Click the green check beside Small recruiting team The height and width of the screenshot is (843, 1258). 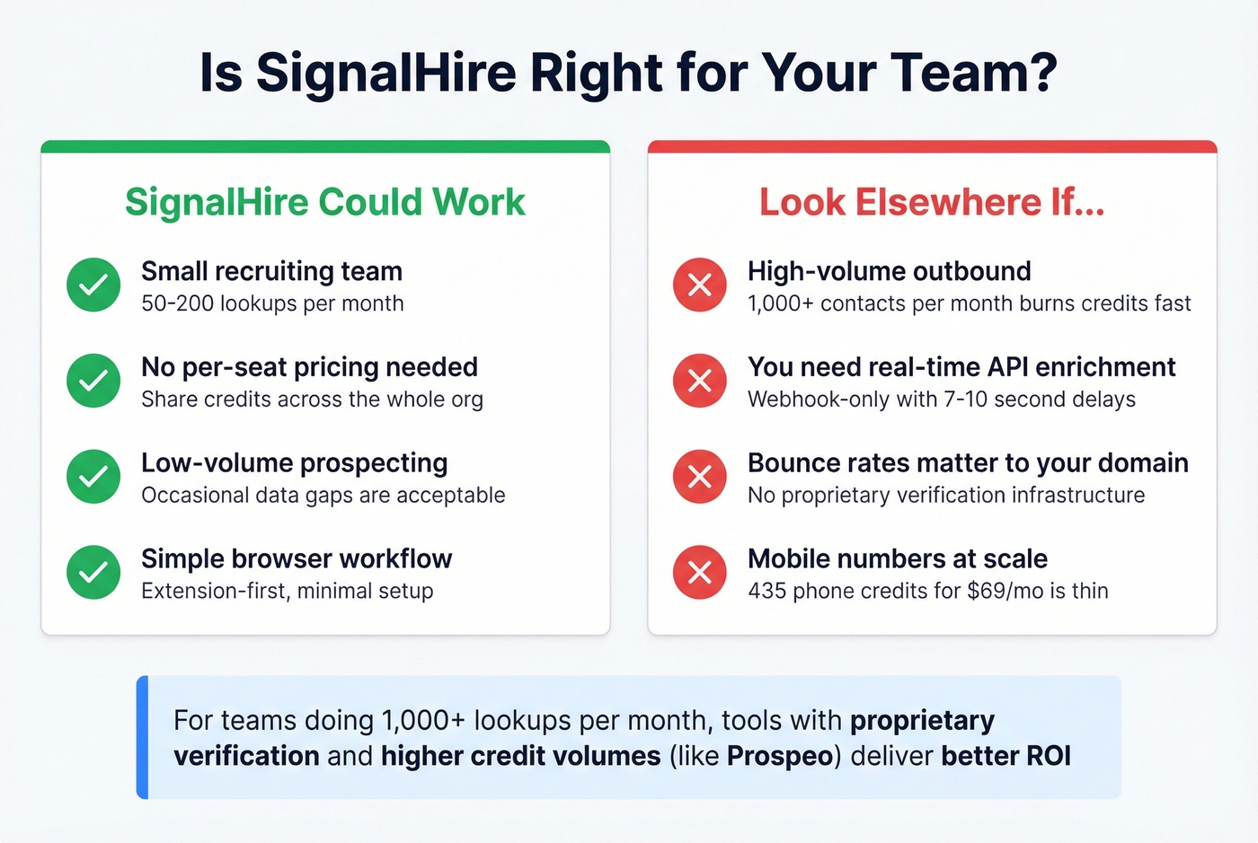click(x=93, y=285)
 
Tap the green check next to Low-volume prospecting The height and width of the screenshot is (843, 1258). click(x=93, y=477)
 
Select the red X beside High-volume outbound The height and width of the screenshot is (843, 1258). click(x=700, y=285)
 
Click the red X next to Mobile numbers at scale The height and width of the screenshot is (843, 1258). click(x=700, y=573)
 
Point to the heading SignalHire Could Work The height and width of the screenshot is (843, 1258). click(x=324, y=202)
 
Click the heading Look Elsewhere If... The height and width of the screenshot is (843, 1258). click(x=932, y=202)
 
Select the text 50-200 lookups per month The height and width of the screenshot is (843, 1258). click(x=272, y=303)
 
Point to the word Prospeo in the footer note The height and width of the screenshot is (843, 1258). click(x=780, y=756)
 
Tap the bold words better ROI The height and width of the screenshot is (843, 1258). click(x=1006, y=756)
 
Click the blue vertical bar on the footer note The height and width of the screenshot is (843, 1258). click(x=142, y=737)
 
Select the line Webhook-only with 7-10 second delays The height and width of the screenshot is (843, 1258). click(x=941, y=400)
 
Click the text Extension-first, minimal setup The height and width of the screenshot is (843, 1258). click(x=287, y=591)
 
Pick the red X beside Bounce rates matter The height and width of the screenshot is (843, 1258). click(x=700, y=477)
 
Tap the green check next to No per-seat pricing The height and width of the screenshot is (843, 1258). click(x=93, y=381)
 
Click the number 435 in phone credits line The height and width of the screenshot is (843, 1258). click(x=766, y=591)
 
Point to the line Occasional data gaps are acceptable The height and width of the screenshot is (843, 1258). click(x=323, y=496)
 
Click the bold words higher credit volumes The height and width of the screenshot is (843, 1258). click(x=520, y=756)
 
